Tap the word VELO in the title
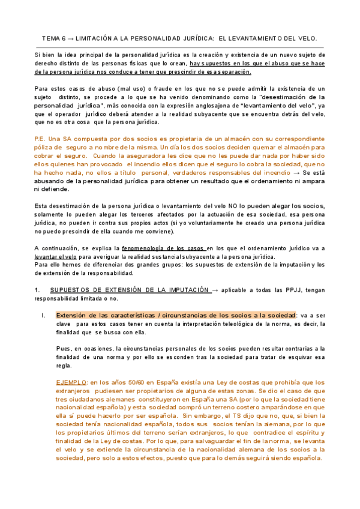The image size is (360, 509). pos(307,38)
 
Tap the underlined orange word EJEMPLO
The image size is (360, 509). pos(70,382)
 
